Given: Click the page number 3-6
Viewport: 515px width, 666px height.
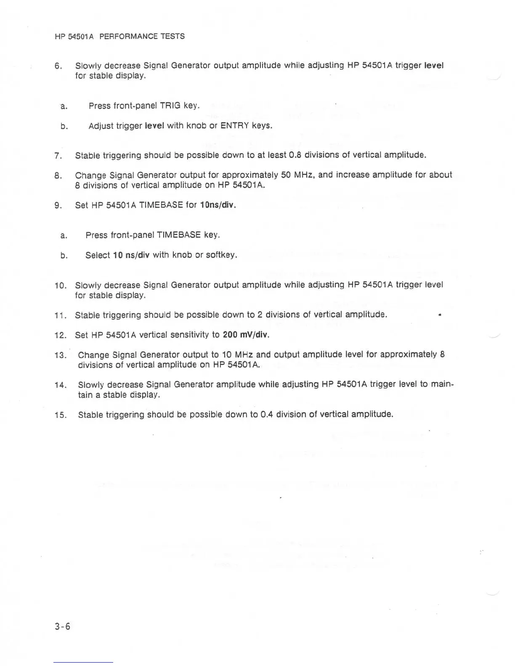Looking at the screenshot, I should pos(62,626).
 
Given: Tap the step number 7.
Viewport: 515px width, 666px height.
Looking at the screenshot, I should pos(58,156).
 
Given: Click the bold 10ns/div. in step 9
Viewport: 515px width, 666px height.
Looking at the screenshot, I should pos(218,205).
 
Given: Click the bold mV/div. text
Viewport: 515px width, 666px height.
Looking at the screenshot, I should pos(255,335).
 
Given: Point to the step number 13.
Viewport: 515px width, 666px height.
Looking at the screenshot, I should pos(61,355).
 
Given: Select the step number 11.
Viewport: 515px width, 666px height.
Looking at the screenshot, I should pos(61,315).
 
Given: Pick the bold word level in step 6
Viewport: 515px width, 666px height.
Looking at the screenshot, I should pos(434,65).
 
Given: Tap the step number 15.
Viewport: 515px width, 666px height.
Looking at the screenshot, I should pos(61,415).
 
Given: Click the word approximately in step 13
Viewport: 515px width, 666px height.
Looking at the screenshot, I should pos(408,354).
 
